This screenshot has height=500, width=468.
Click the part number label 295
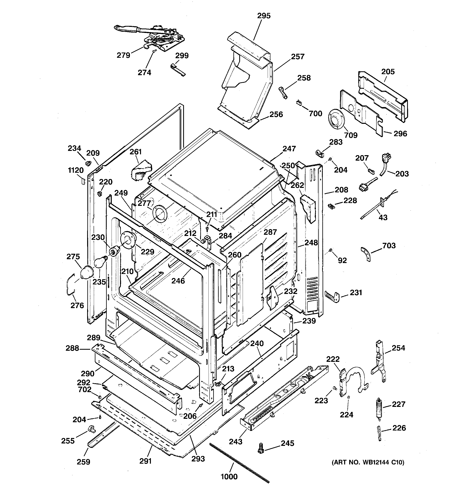pos(264,16)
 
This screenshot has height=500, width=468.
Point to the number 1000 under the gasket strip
pos(229,477)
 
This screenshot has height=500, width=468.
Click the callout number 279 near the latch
pos(123,55)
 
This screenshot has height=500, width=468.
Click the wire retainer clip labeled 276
pos(70,284)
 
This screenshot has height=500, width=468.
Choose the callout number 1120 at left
pos(76,170)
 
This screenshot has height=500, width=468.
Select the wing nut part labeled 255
pos(91,429)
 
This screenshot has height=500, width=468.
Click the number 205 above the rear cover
pos(388,72)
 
